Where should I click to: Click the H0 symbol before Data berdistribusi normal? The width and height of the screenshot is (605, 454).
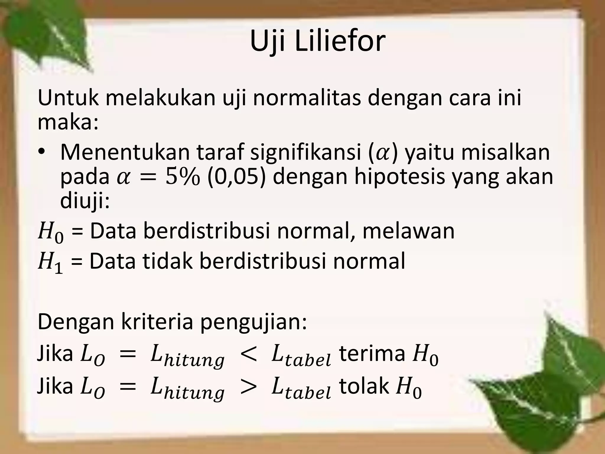pyautogui.click(x=50, y=233)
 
